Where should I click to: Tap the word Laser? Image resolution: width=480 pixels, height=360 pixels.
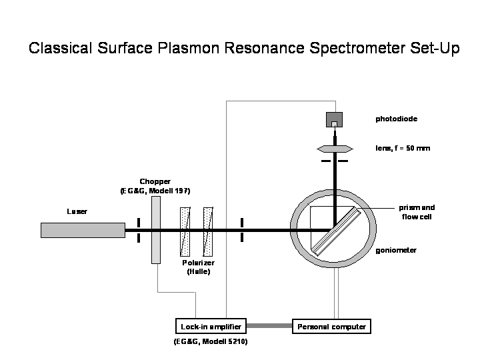[77, 211]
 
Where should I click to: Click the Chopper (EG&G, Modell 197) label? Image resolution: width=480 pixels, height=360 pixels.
[155, 186]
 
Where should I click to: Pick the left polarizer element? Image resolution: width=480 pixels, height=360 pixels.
[186, 231]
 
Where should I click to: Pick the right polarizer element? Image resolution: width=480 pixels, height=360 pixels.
[209, 231]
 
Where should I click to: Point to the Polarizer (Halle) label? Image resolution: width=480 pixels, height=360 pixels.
[198, 267]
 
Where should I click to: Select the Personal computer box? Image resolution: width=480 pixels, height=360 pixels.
[331, 327]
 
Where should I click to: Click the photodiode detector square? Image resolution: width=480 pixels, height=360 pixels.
[335, 120]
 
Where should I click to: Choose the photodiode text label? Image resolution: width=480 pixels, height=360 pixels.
[396, 120]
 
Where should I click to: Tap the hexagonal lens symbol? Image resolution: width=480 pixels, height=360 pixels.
[335, 148]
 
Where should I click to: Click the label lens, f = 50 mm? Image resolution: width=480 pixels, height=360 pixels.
[403, 148]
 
